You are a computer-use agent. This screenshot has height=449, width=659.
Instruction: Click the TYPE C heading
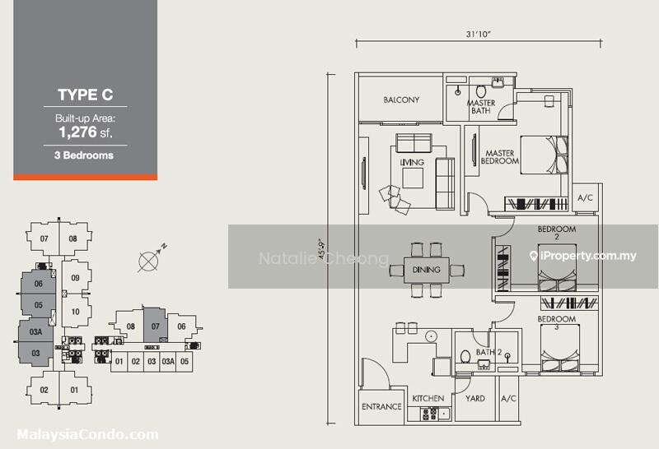[x=86, y=95]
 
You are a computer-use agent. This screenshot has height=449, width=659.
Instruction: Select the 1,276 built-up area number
[x=78, y=132]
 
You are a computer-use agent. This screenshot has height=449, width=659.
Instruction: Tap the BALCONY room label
[x=401, y=100]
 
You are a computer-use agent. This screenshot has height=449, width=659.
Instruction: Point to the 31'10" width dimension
[x=479, y=34]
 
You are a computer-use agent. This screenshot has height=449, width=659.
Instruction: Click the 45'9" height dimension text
[x=323, y=249]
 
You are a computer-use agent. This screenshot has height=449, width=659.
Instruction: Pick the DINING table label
[x=426, y=270]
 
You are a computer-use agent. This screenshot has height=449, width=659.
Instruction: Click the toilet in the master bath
[x=481, y=90]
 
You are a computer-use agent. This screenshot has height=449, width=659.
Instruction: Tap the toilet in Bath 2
[x=465, y=357]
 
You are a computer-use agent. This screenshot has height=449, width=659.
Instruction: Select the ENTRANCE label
[x=381, y=406]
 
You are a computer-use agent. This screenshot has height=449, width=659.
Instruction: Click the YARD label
[x=475, y=398]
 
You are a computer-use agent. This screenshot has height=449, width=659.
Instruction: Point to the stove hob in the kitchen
[x=429, y=414]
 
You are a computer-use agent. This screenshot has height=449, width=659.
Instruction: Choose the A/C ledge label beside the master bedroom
[x=586, y=197]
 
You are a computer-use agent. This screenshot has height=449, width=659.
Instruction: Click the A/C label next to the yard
[x=508, y=398]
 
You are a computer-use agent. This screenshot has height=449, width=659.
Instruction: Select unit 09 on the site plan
[x=75, y=278]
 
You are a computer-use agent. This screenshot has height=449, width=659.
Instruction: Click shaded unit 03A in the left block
[x=35, y=332]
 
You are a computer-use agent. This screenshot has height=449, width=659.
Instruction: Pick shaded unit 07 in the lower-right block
[x=156, y=326]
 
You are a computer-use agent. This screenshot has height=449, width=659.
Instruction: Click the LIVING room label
[x=412, y=162]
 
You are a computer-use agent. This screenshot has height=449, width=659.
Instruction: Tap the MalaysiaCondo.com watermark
[x=88, y=434]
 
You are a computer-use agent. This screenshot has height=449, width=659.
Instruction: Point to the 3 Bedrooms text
[x=84, y=155]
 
